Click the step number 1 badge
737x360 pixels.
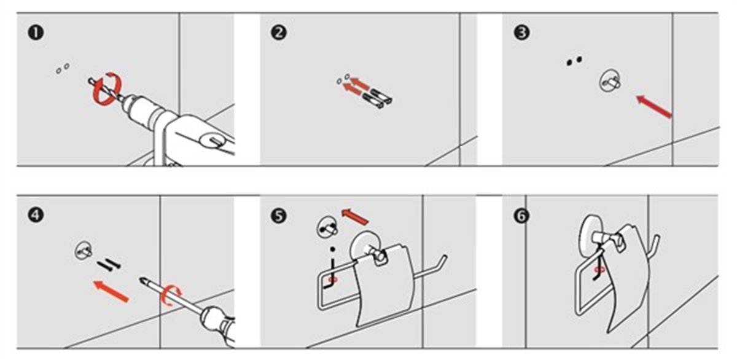click(36, 33)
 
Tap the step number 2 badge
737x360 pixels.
click(279, 33)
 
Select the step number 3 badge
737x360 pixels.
click(522, 33)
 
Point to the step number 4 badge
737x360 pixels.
click(36, 216)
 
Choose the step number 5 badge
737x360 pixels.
click(279, 216)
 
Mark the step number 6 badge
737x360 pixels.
click(522, 216)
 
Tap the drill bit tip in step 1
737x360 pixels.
click(90, 80)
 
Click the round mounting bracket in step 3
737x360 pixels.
click(609, 80)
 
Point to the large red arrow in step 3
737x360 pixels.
click(653, 106)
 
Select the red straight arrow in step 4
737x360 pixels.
click(111, 291)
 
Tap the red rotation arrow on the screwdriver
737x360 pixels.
click(170, 295)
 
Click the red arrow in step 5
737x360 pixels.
click(355, 217)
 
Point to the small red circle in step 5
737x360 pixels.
click(333, 280)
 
